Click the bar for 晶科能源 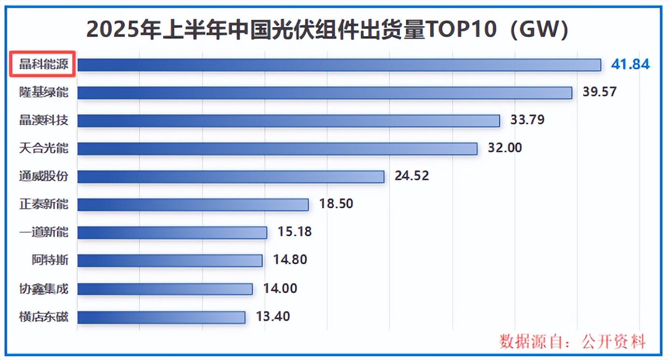pos(339,65)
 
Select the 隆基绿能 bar pos(324,93)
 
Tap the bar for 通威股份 pos(231,177)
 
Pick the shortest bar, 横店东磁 pos(161,317)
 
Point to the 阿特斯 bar pos(170,261)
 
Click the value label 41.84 pos(630,64)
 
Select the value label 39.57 pos(599,92)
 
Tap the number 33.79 pos(527,120)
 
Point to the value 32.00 pos(505,148)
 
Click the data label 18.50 pos(336,204)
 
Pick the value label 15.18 pos(294,232)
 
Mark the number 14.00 pos(280,289)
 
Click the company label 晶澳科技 pos(43,120)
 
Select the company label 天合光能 pos(43,148)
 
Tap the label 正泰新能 pos(43,204)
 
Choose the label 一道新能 pos(43,232)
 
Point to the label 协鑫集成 pos(43,289)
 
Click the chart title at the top pos(327,30)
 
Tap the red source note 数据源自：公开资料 pos(572,342)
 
